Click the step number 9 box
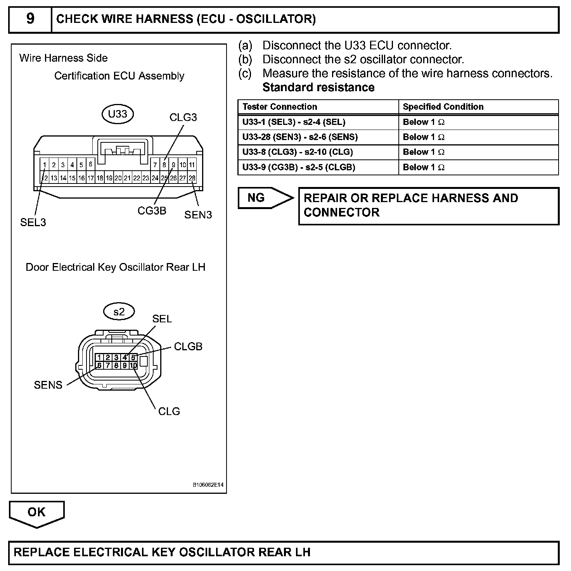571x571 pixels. [x=30, y=19]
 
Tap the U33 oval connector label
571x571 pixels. [x=118, y=114]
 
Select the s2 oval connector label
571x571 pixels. [x=119, y=311]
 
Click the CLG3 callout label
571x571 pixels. [x=183, y=118]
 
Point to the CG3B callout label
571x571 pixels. [x=152, y=211]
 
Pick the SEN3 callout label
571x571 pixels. [x=198, y=215]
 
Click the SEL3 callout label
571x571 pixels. [x=33, y=222]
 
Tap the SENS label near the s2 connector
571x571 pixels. [x=48, y=385]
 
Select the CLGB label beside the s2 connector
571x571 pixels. [x=188, y=346]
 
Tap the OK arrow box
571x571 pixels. [x=36, y=513]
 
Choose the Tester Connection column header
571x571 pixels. [x=280, y=107]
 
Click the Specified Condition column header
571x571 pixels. [x=443, y=107]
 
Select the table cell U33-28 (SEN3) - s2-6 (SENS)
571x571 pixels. [x=300, y=137]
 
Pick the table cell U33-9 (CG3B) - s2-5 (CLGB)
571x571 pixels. [x=299, y=167]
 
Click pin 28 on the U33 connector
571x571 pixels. [x=192, y=178]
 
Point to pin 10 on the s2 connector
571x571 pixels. [x=133, y=366]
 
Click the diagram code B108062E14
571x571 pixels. [x=208, y=485]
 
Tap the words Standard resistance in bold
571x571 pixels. [x=318, y=87]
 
